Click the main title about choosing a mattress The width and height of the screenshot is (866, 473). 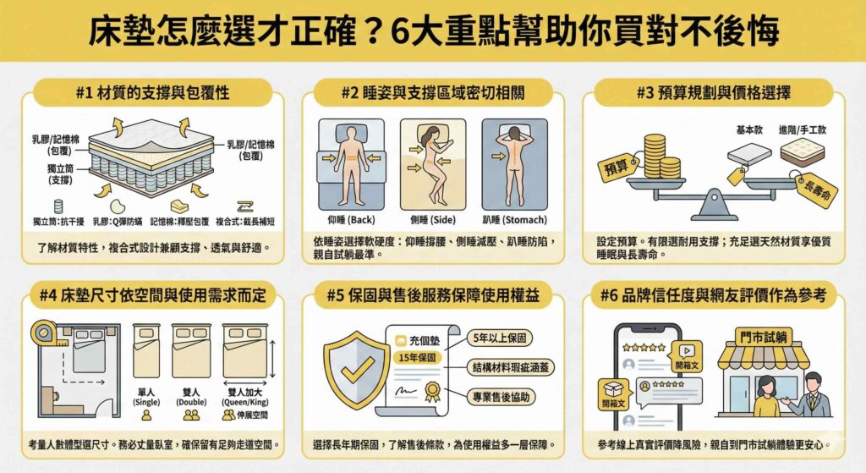pyautogui.click(x=433, y=31)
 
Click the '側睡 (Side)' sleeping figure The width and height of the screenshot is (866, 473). pyautogui.click(x=432, y=164)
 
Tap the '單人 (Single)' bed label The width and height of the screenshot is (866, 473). pyautogui.click(x=145, y=397)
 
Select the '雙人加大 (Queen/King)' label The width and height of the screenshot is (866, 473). pyautogui.click(x=244, y=397)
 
